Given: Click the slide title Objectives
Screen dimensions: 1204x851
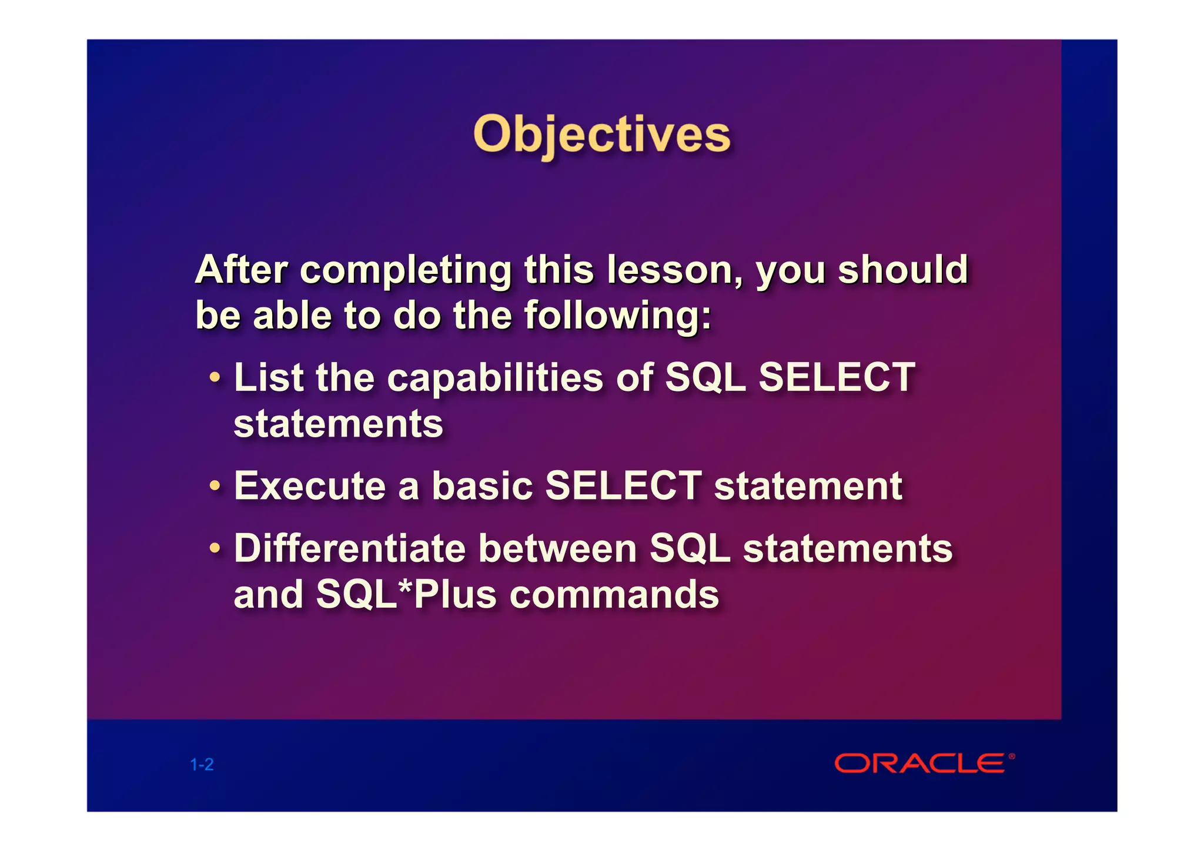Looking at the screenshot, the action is (601, 135).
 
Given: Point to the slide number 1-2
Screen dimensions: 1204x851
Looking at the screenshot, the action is (202, 765).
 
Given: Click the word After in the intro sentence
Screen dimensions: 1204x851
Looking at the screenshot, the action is (242, 270).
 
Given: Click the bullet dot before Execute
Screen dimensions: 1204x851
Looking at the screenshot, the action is (216, 486).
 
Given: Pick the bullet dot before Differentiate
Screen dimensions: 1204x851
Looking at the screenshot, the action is (216, 548).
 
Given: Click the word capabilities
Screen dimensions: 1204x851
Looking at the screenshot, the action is (495, 377).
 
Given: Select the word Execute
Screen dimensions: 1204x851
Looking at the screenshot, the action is (310, 486).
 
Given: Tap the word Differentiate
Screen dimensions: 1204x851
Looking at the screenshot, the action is (349, 548).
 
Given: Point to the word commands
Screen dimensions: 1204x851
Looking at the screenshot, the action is (614, 594).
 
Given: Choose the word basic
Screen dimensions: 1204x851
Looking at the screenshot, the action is (482, 486).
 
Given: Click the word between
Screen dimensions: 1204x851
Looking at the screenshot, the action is (557, 548).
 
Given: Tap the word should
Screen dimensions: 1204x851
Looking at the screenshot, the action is (902, 270).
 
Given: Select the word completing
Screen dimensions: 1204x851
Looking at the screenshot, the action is (406, 271).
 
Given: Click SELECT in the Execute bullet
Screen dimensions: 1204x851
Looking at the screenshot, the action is (623, 486).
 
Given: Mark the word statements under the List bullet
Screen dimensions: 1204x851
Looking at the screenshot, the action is (338, 424).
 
